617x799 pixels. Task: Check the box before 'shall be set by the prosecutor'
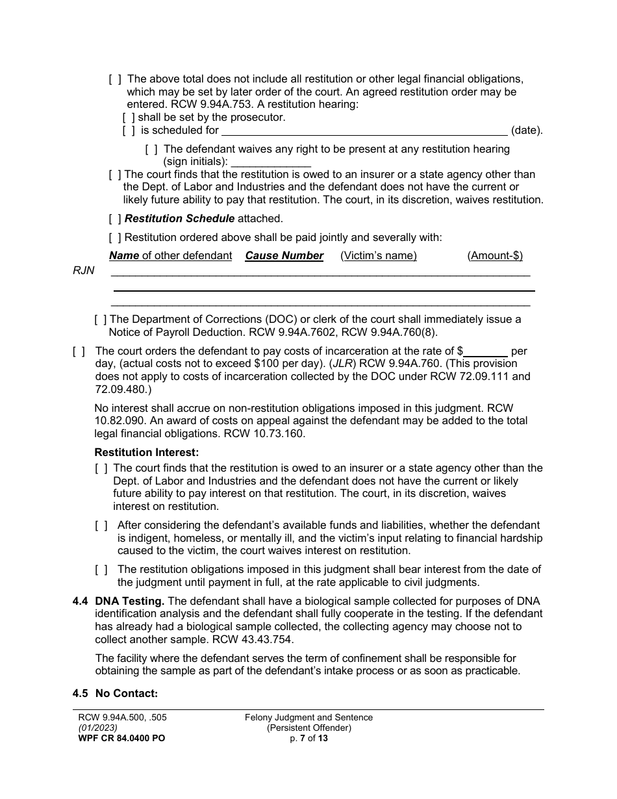[129, 118]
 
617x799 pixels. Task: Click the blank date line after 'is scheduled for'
[364, 131]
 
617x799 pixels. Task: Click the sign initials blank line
[271, 162]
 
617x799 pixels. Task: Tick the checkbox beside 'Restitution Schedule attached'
[115, 219]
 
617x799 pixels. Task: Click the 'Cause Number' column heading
[284, 256]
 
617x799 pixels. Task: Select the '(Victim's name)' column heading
[378, 256]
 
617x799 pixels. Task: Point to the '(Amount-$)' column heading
[494, 256]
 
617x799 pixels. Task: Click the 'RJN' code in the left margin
[84, 271]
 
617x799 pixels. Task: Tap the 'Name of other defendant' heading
[170, 256]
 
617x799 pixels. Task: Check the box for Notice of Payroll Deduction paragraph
[101, 320]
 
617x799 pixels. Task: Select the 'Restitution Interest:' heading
[147, 452]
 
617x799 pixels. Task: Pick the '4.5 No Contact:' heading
[115, 694]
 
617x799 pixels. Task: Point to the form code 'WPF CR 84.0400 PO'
[118, 739]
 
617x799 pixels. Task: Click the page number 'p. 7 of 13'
[308, 739]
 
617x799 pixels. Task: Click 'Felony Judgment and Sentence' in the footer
[308, 718]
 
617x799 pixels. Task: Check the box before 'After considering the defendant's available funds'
[101, 526]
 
